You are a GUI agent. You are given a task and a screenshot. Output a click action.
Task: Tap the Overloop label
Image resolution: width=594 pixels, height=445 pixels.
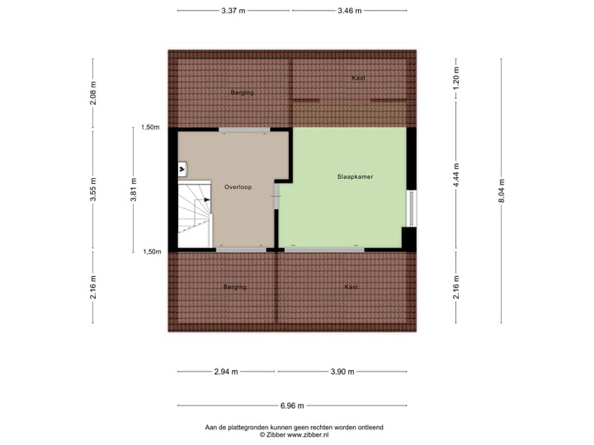[x=238, y=187]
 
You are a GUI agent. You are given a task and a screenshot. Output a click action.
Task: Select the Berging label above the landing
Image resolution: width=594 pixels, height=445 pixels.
[x=242, y=92]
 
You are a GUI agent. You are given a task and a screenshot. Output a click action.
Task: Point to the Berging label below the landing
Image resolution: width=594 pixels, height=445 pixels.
[x=234, y=287]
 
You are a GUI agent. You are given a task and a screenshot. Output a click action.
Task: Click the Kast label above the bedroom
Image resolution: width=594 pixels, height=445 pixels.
[x=358, y=77]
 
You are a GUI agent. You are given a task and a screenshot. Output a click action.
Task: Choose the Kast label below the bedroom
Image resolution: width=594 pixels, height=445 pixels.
[x=351, y=287]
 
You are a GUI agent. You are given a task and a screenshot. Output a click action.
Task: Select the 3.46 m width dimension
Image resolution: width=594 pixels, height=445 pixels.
[x=351, y=11]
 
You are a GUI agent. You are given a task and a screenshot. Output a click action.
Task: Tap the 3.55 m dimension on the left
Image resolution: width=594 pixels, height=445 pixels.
[x=93, y=190]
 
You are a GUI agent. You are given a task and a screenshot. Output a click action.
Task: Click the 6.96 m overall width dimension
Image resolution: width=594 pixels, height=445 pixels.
[x=292, y=405]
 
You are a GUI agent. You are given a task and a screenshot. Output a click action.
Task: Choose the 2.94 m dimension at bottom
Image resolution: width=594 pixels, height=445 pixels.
[x=225, y=372]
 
